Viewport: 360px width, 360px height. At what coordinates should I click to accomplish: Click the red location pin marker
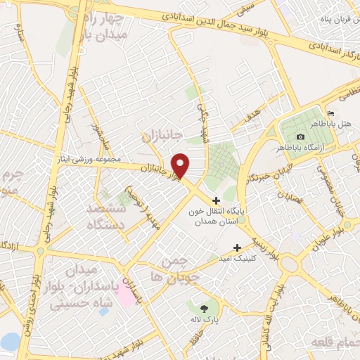pos(181,165)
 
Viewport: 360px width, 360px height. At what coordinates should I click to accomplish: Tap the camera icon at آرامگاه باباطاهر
pos(301,136)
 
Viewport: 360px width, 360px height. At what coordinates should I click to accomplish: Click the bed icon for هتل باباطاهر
pos(331,114)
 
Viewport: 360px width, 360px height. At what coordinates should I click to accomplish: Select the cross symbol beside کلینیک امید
pos(237,247)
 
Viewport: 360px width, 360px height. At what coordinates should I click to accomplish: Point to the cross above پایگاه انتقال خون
pos(216,201)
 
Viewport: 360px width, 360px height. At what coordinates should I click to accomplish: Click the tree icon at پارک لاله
pos(205,308)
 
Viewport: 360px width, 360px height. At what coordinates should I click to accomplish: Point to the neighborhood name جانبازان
pos(162,134)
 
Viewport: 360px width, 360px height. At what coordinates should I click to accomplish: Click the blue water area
pos(10,342)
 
